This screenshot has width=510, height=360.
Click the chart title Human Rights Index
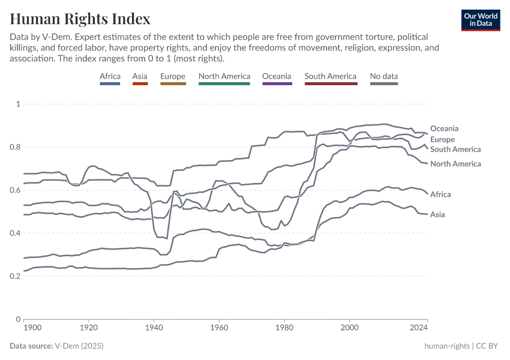click(80, 19)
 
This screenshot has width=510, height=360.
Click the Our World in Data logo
click(480, 20)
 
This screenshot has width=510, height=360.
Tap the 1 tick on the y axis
click(18, 104)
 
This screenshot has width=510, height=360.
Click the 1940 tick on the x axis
click(154, 328)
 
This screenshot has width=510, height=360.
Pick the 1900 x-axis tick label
click(32, 328)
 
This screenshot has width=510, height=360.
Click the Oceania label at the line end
click(444, 128)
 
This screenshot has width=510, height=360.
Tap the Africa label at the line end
click(440, 194)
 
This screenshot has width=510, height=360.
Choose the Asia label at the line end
click(438, 214)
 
